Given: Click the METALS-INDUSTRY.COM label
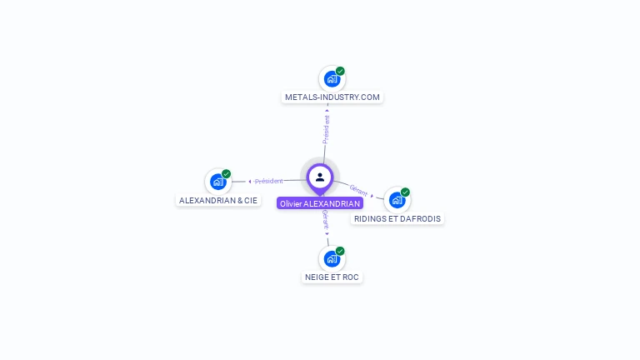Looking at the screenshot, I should click(x=332, y=97).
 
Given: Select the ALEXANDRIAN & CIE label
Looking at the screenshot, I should click(x=218, y=201).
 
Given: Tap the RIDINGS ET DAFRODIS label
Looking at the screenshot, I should click(x=397, y=218).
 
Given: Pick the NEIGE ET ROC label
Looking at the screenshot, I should click(x=332, y=277).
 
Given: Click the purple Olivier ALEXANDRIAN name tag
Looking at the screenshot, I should click(x=320, y=203).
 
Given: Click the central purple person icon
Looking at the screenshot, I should click(x=320, y=177).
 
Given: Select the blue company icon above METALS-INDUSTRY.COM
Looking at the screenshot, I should click(x=332, y=79).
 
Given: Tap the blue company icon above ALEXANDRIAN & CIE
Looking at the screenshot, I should click(x=217, y=182).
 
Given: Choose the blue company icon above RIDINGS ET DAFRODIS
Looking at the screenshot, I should click(x=397, y=200).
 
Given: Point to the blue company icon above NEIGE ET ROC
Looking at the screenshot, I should click(x=332, y=258).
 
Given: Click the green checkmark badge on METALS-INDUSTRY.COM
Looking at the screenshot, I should click(x=340, y=71).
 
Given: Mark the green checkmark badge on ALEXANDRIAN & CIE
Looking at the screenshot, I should click(x=226, y=173).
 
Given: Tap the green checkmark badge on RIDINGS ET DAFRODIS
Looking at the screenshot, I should click(x=405, y=192).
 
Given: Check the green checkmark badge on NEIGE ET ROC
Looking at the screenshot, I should click(x=340, y=250).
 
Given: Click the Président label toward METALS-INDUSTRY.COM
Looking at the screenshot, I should click(x=326, y=129).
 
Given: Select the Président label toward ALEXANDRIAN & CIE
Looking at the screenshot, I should click(x=268, y=181).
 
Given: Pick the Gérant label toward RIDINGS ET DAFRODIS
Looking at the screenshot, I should click(x=358, y=190).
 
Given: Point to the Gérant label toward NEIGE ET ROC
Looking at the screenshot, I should click(x=325, y=221).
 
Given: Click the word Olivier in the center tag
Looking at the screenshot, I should click(x=291, y=203).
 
